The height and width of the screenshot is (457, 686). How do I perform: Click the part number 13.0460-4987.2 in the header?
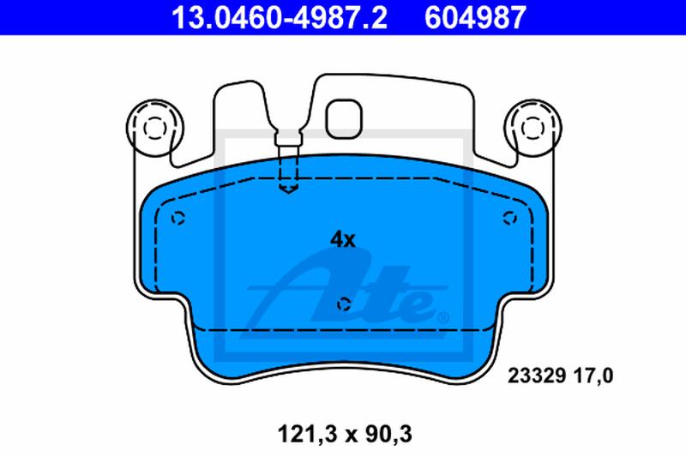(280, 17)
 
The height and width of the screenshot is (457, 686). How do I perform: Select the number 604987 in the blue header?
(475, 17)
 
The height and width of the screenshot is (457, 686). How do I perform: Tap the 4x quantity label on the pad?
(343, 240)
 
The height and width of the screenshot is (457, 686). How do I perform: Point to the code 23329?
(538, 376)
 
